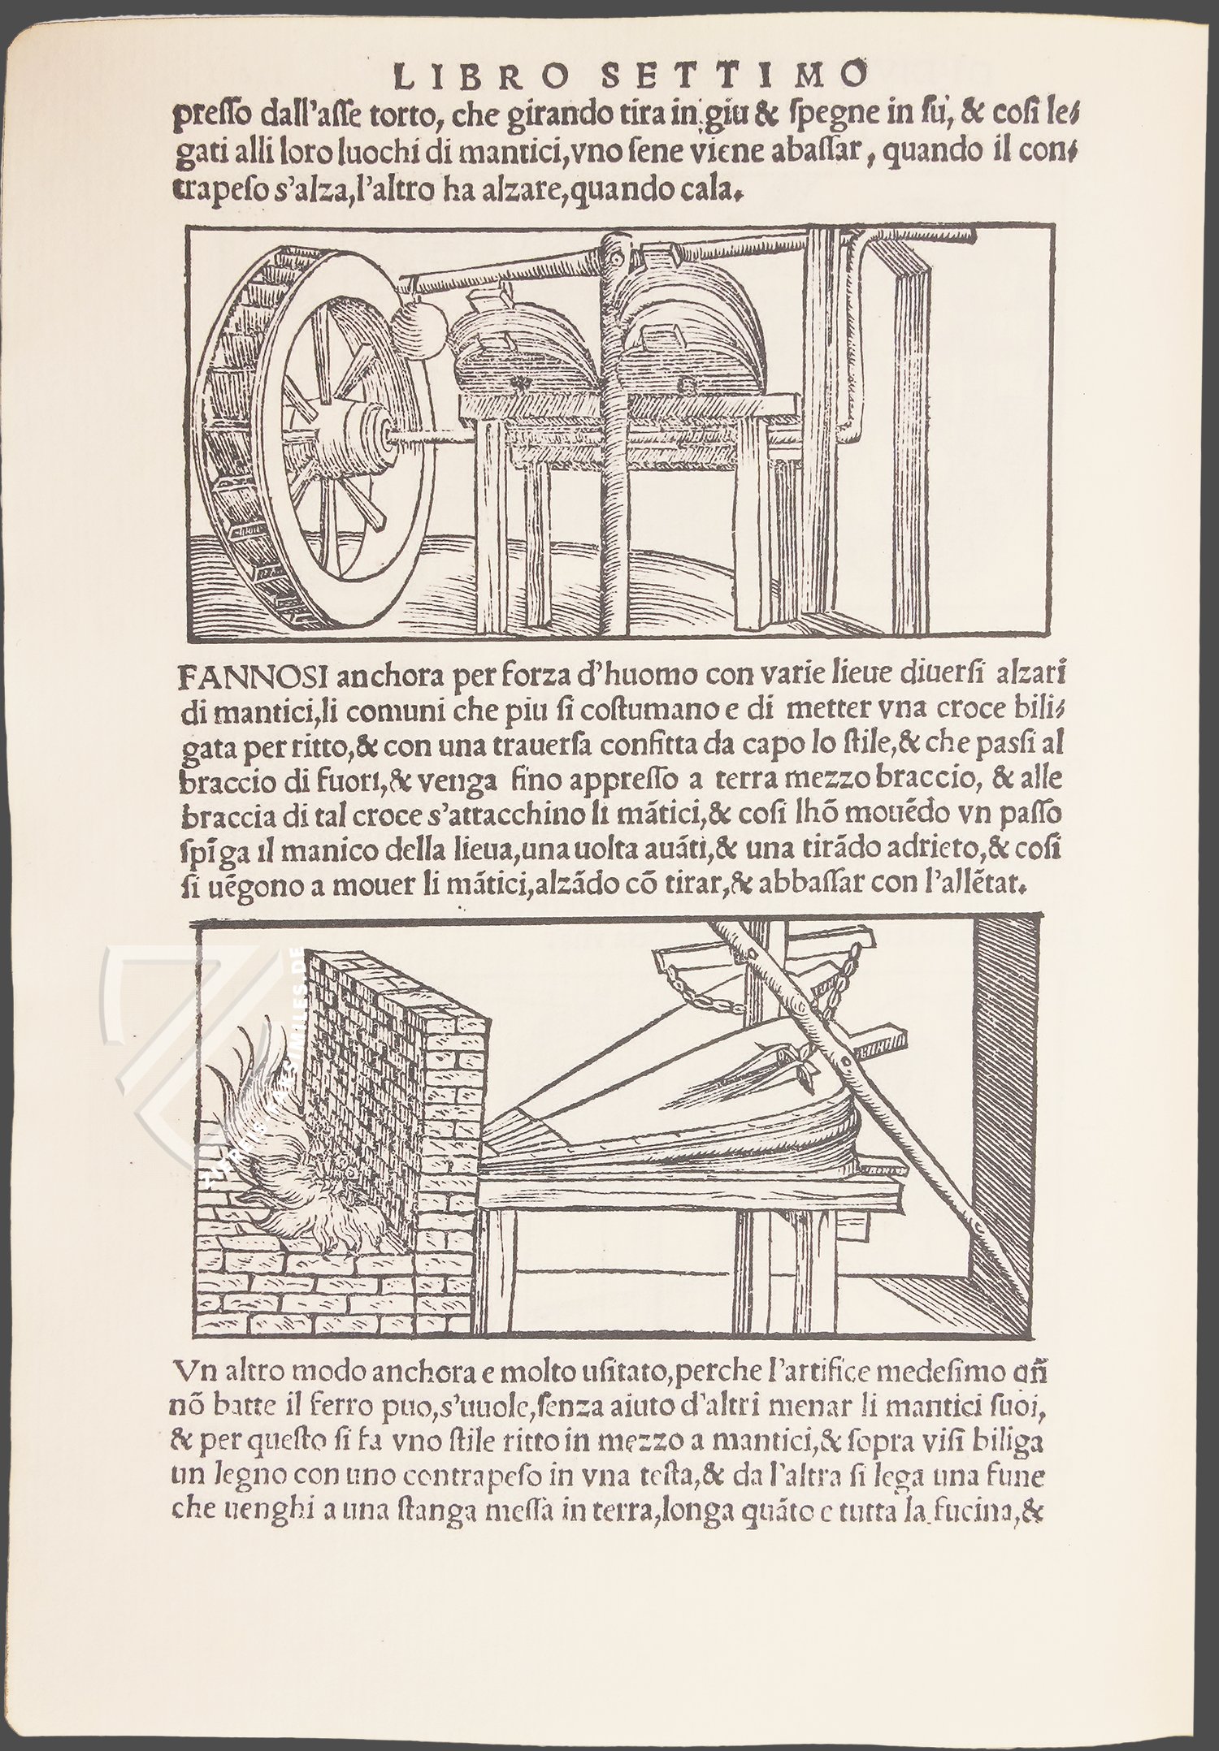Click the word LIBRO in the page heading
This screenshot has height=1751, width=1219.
[x=454, y=76]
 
